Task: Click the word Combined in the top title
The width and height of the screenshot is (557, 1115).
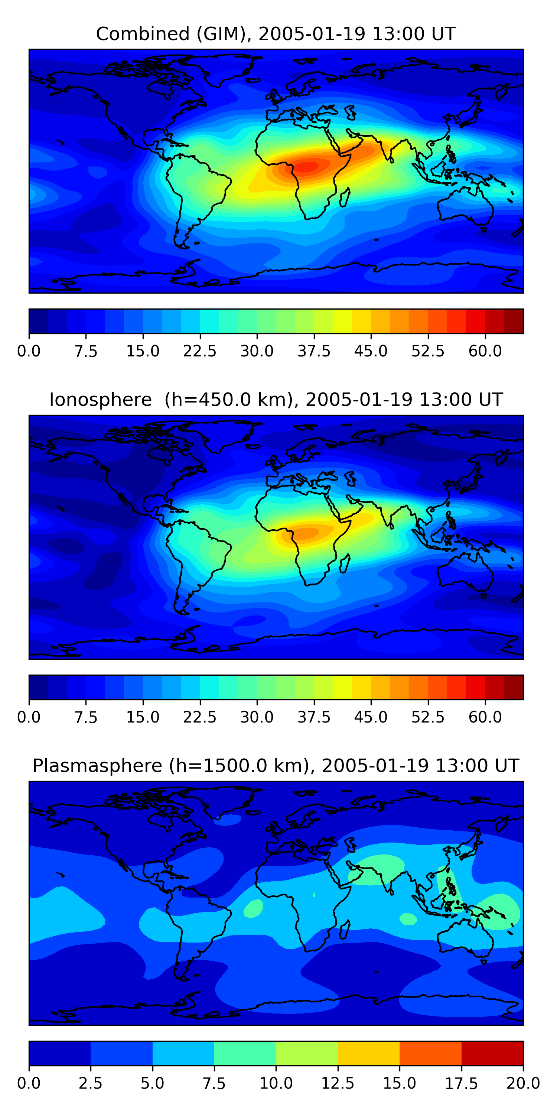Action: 143,34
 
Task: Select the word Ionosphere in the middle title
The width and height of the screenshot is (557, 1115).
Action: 100,400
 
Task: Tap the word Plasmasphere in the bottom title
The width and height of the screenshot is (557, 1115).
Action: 97,766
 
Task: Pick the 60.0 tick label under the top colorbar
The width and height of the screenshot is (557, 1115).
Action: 485,351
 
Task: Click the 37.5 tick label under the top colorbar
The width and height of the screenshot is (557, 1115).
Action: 313,351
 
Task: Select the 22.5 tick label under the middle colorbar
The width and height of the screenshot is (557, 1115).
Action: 199,717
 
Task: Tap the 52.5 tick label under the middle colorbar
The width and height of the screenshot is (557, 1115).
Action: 428,717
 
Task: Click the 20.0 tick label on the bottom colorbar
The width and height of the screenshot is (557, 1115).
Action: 523,1083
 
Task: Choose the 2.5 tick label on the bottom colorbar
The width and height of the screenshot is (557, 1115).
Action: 90,1083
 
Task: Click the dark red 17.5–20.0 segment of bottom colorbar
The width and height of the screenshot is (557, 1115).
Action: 492,1053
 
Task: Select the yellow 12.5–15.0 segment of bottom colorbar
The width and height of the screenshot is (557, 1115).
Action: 368,1053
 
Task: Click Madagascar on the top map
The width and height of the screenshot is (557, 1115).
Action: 345,197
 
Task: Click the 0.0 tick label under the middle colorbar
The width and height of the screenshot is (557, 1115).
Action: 29,717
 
